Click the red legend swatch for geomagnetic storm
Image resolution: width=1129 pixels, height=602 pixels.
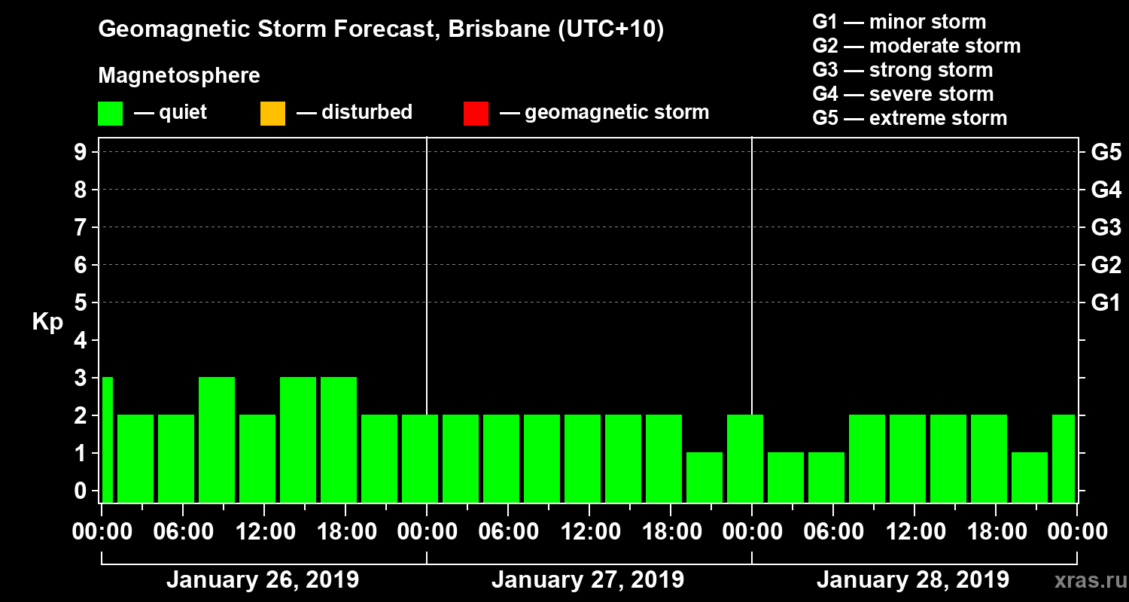pyautogui.click(x=476, y=113)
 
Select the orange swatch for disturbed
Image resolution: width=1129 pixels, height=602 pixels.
pyautogui.click(x=272, y=113)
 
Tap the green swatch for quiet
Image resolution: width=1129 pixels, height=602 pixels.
pyautogui.click(x=110, y=113)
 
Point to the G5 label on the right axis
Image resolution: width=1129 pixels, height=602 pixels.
pyautogui.click(x=1106, y=153)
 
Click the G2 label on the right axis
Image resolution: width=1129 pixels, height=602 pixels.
pyautogui.click(x=1106, y=266)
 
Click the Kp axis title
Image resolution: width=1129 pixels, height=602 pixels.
pyautogui.click(x=47, y=322)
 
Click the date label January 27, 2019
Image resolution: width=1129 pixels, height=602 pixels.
pyautogui.click(x=588, y=580)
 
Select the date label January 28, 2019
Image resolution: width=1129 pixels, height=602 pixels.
pyautogui.click(x=913, y=580)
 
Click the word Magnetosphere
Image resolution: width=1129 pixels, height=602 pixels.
pyautogui.click(x=179, y=77)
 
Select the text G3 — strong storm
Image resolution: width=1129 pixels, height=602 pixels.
pyautogui.click(x=902, y=70)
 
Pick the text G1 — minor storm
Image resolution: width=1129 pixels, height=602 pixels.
pyautogui.click(x=899, y=22)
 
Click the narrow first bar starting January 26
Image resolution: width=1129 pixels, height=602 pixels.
pyautogui.click(x=107, y=439)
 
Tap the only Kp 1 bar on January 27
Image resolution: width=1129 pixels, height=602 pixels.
pyautogui.click(x=704, y=477)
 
